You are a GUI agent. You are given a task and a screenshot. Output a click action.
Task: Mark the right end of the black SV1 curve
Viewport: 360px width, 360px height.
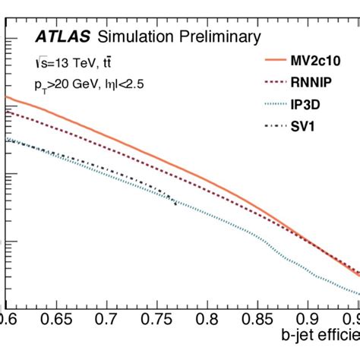coord(176,203)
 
